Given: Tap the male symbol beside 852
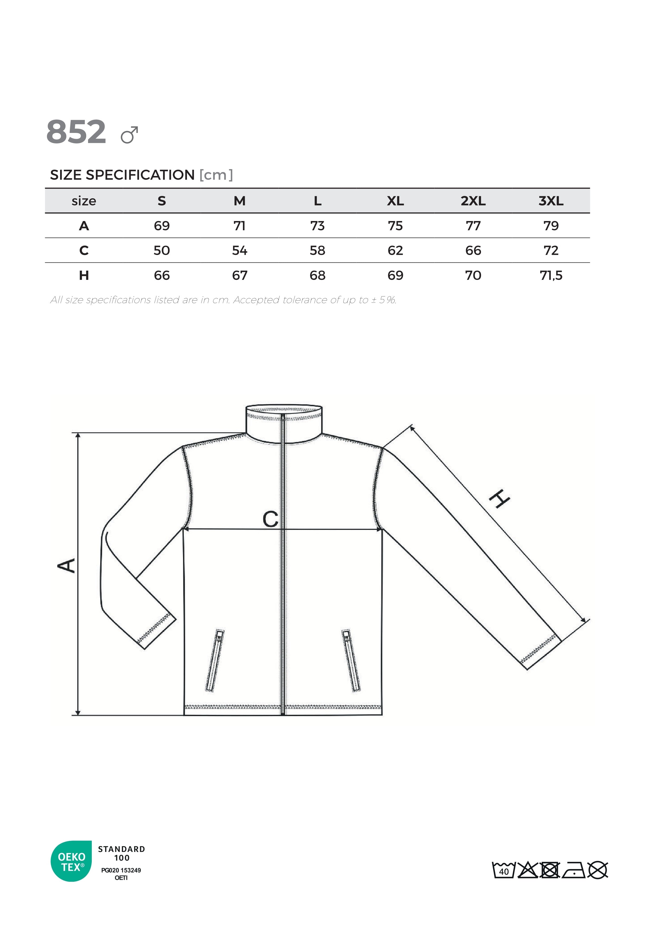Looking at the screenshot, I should tap(129, 135).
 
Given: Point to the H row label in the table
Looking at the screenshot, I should tap(84, 276).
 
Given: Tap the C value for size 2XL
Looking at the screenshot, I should tap(473, 251).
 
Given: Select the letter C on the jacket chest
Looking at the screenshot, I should tap(270, 519).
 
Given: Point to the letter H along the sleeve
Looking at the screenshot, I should tap(499, 499).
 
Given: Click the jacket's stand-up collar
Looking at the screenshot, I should tap(284, 423).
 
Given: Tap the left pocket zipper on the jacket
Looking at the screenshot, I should tap(215, 661).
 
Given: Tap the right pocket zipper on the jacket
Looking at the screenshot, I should tap(351, 661).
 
